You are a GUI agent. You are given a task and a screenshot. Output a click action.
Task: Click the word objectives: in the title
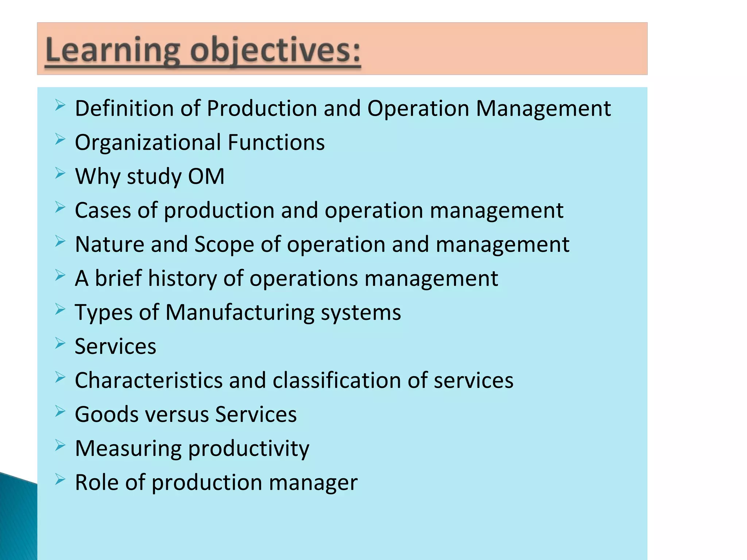coord(275,51)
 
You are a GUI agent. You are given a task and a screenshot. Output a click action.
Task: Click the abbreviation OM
coord(206,176)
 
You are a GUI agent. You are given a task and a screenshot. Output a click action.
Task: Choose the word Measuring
coord(128,448)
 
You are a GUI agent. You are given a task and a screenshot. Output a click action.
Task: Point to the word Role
coord(97,482)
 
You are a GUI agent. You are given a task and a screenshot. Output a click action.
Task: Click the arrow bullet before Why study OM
coord(60,174)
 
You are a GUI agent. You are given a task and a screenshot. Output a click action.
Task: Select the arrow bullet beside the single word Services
coord(60,343)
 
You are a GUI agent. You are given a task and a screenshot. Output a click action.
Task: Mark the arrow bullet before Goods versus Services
coord(60,412)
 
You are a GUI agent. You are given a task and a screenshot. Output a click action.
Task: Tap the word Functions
coord(276,143)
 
